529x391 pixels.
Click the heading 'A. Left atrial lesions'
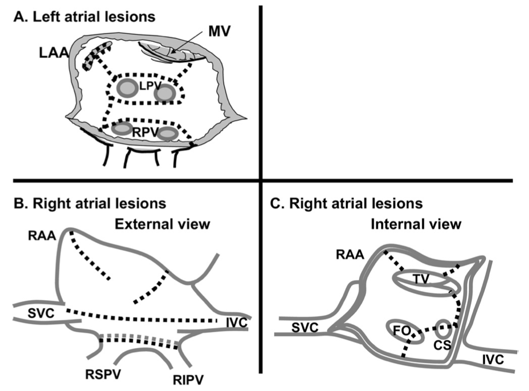tap(85, 16)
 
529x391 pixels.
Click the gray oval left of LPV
tap(127, 88)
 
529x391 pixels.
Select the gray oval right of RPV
tap(168, 132)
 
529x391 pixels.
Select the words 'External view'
tap(161, 223)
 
